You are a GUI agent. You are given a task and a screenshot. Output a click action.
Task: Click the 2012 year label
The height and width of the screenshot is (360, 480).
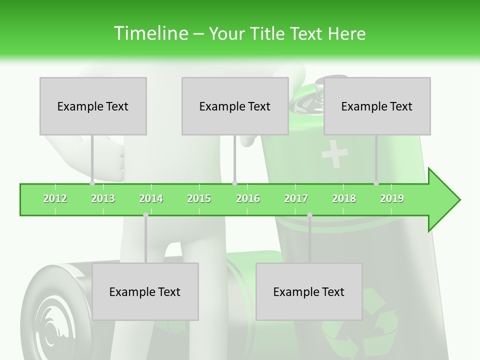tap(55, 198)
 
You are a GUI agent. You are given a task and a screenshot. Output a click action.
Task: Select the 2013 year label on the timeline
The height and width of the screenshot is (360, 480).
tap(103, 198)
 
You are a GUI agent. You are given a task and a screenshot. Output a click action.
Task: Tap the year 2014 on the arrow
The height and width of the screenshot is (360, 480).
tap(151, 198)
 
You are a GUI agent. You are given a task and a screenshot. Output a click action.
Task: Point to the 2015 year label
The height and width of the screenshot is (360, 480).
tap(199, 198)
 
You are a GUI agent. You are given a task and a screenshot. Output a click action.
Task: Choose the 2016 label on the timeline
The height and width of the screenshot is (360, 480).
tap(247, 198)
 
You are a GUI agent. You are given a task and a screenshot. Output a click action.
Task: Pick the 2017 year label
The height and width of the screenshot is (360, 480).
tap(295, 198)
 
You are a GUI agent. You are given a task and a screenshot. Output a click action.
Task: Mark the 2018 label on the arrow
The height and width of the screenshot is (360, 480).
tap(344, 198)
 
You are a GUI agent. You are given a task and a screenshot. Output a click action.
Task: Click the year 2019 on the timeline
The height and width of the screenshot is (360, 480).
tap(392, 198)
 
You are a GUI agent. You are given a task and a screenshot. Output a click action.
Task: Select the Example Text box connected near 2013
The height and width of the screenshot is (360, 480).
tap(93, 106)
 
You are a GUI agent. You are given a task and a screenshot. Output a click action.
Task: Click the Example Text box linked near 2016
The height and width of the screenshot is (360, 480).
tap(235, 106)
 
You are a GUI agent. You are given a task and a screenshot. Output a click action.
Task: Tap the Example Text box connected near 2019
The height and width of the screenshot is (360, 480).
tap(377, 106)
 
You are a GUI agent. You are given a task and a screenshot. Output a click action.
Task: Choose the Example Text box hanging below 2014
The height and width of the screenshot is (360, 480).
tap(145, 291)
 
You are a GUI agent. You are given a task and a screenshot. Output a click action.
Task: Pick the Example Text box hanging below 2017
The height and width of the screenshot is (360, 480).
tap(309, 291)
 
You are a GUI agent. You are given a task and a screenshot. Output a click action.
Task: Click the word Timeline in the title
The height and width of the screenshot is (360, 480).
tap(150, 33)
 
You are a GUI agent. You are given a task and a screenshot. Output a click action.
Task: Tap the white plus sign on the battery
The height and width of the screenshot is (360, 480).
tap(334, 153)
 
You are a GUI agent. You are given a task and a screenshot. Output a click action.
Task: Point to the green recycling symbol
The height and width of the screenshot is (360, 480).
tap(360, 320)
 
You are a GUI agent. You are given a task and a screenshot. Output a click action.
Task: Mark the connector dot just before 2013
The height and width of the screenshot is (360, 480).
tap(92, 183)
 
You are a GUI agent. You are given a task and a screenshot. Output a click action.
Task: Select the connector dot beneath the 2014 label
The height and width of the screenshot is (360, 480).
tap(145, 215)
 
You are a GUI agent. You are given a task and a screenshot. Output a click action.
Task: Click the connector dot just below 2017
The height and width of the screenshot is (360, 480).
tap(309, 215)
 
